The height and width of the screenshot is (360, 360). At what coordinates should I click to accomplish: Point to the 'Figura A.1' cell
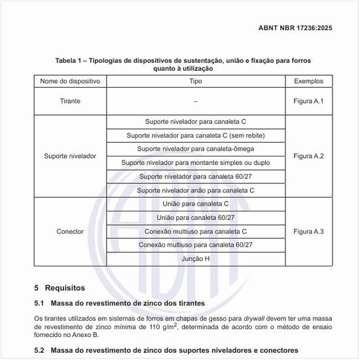[309, 101]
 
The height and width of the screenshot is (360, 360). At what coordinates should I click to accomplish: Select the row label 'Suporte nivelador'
[69, 156]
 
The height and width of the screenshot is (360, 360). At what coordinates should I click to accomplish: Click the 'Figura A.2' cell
[309, 156]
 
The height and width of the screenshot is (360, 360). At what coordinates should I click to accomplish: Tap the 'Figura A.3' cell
[309, 232]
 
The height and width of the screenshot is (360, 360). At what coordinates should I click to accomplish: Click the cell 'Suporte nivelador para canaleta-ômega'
[196, 149]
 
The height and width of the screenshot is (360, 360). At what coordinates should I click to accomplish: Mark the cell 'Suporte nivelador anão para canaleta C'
[196, 190]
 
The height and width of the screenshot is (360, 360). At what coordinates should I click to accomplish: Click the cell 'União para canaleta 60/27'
[196, 217]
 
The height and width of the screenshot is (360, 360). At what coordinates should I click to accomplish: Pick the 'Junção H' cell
[196, 259]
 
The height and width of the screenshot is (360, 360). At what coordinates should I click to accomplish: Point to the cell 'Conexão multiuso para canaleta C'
[196, 231]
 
